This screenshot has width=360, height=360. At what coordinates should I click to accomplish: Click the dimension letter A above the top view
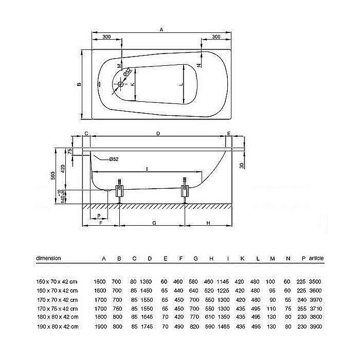(161, 30)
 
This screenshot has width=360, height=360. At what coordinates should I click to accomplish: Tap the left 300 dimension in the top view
(106, 37)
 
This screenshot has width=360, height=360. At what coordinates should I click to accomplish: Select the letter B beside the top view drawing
(78, 85)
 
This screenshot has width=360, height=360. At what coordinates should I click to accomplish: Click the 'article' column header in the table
(316, 258)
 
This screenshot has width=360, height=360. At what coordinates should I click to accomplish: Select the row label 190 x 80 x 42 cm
(57, 327)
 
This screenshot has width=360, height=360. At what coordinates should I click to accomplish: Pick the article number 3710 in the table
(316, 309)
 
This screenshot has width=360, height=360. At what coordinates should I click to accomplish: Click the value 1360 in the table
(149, 281)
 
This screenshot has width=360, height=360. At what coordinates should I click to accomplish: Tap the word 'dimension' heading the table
(49, 258)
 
